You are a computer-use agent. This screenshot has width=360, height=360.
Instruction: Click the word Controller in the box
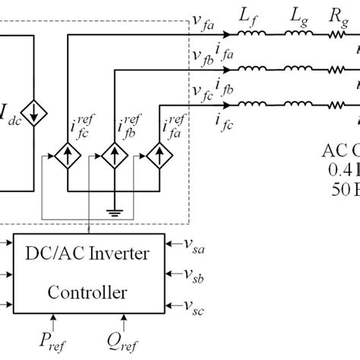coord(88,292)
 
